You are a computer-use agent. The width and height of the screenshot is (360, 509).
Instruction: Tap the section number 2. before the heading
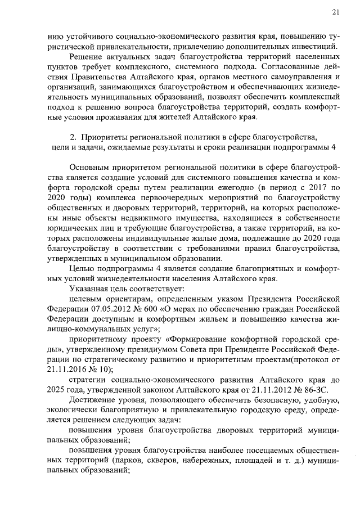(x=73, y=137)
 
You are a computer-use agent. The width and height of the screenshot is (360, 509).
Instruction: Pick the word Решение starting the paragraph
(x=85, y=57)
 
